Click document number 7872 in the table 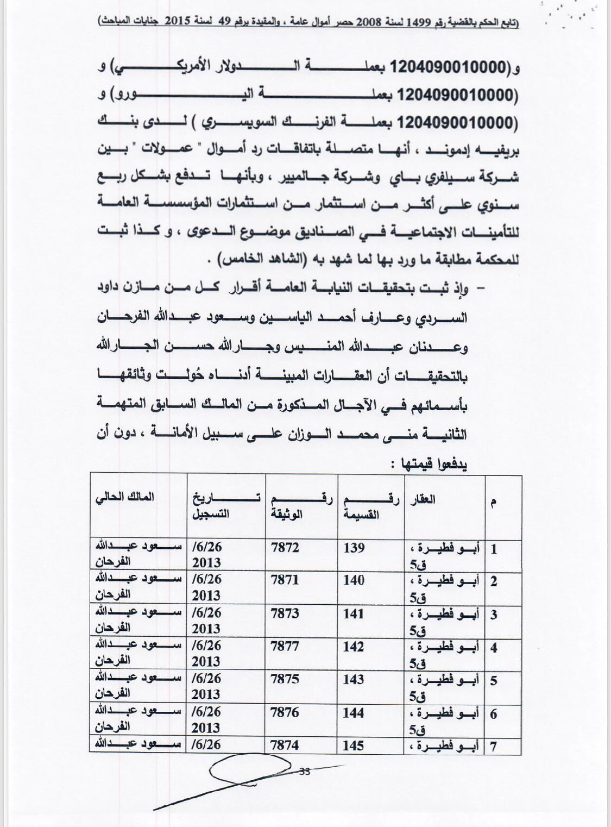(x=285, y=547)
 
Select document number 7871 (x=285, y=580)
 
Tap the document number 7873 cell (x=285, y=613)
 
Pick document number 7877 (x=285, y=646)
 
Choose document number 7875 (x=285, y=679)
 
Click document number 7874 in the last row (x=285, y=745)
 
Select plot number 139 (x=354, y=547)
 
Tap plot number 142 (x=354, y=646)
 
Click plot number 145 (x=354, y=745)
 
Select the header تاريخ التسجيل (x=225, y=505)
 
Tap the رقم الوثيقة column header (x=301, y=505)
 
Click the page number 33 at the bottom (x=305, y=770)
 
